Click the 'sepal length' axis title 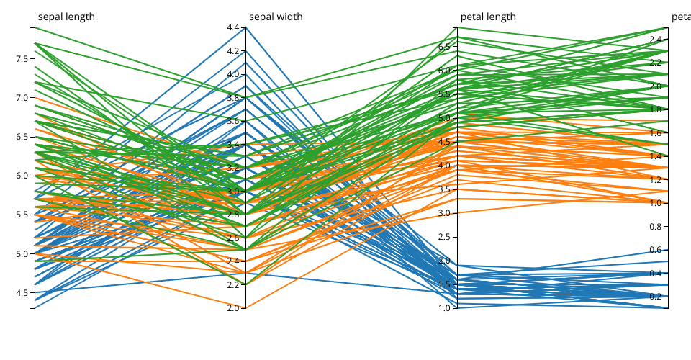click(66, 17)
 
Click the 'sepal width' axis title click(276, 17)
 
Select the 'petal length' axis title click(488, 17)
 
